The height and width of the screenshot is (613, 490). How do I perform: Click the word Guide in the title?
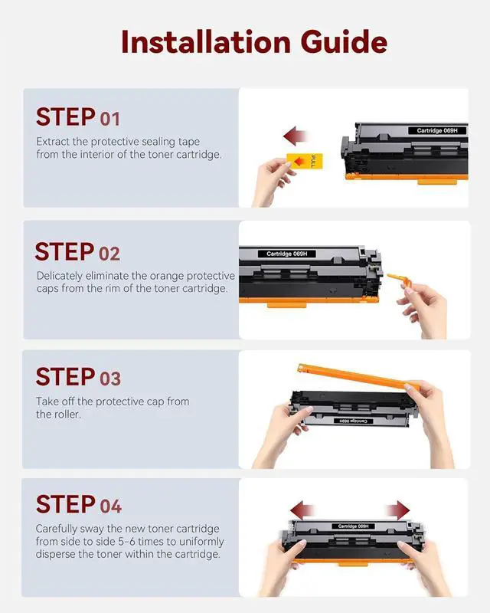(x=344, y=43)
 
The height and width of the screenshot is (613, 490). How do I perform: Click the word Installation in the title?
(x=206, y=41)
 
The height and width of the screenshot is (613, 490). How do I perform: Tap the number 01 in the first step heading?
(x=109, y=119)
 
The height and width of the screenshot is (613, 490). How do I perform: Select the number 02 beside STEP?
(x=109, y=254)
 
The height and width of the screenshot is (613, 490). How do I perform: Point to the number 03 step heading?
(x=110, y=379)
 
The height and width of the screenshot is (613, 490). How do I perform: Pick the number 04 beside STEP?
(x=110, y=506)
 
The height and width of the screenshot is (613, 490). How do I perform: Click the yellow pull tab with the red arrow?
(x=305, y=161)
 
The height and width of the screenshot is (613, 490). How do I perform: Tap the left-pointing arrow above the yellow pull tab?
(x=295, y=136)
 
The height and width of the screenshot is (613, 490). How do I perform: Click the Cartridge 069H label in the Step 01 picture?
(x=437, y=130)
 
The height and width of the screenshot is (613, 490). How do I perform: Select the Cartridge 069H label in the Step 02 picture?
(x=287, y=254)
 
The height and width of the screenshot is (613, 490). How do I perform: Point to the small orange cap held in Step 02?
(x=398, y=280)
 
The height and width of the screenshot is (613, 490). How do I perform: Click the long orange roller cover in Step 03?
(x=358, y=377)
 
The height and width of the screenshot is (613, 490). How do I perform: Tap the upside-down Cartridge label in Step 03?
(x=353, y=421)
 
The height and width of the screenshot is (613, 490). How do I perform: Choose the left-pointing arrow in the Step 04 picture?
(x=302, y=510)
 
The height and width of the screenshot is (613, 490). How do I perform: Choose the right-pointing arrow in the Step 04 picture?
(x=397, y=510)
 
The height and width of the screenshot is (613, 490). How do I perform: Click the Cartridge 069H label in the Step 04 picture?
(x=353, y=526)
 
